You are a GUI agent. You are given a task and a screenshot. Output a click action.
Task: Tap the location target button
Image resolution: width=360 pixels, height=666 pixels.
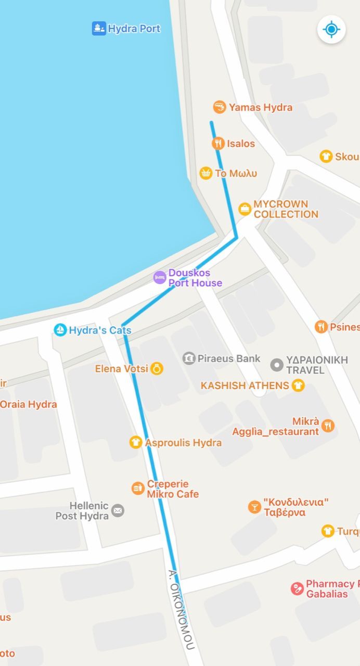click(x=331, y=29)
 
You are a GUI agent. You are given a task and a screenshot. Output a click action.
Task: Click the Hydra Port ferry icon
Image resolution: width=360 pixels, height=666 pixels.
click(x=99, y=29)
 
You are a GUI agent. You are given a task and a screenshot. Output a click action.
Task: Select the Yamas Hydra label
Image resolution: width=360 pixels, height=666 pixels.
click(x=260, y=108)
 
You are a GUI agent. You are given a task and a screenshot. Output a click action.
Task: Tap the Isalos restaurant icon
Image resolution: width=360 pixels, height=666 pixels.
click(x=218, y=144)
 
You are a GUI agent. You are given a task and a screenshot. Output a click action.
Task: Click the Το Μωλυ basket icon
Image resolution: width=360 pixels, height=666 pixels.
click(x=206, y=173)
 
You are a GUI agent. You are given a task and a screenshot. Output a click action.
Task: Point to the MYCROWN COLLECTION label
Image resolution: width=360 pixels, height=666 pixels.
click(x=286, y=209)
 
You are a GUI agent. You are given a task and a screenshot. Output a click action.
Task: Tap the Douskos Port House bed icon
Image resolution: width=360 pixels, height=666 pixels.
click(x=160, y=278)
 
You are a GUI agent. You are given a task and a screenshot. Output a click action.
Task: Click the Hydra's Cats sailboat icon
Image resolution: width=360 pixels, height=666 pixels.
click(x=61, y=330)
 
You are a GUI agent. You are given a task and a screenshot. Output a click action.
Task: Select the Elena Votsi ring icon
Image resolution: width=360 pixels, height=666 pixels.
click(x=157, y=369)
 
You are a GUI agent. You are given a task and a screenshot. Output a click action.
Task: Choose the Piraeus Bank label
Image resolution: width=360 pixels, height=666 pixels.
click(x=229, y=358)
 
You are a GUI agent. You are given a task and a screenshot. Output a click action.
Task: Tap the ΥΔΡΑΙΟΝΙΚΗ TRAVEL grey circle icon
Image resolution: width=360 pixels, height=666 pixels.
click(x=277, y=365)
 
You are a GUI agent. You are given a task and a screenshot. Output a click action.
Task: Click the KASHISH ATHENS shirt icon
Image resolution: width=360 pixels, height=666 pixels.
click(x=298, y=386)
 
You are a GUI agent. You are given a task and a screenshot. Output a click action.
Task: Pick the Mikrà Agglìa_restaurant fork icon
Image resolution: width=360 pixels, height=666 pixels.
click(x=328, y=426)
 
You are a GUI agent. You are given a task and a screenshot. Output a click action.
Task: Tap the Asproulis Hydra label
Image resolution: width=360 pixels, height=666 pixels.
click(x=183, y=443)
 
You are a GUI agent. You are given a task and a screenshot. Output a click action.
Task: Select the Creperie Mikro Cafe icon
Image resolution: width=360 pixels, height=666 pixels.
click(x=138, y=489)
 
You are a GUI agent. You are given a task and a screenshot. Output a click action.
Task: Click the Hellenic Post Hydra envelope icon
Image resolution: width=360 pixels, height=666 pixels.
click(x=118, y=510)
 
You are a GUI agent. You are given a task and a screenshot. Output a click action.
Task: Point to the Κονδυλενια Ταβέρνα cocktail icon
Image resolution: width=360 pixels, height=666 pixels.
click(x=254, y=507)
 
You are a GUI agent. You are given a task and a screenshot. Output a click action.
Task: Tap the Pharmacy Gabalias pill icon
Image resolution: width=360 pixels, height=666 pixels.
click(x=297, y=589)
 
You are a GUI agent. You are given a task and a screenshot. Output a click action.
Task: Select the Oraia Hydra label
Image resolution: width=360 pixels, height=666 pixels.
click(x=28, y=404)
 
